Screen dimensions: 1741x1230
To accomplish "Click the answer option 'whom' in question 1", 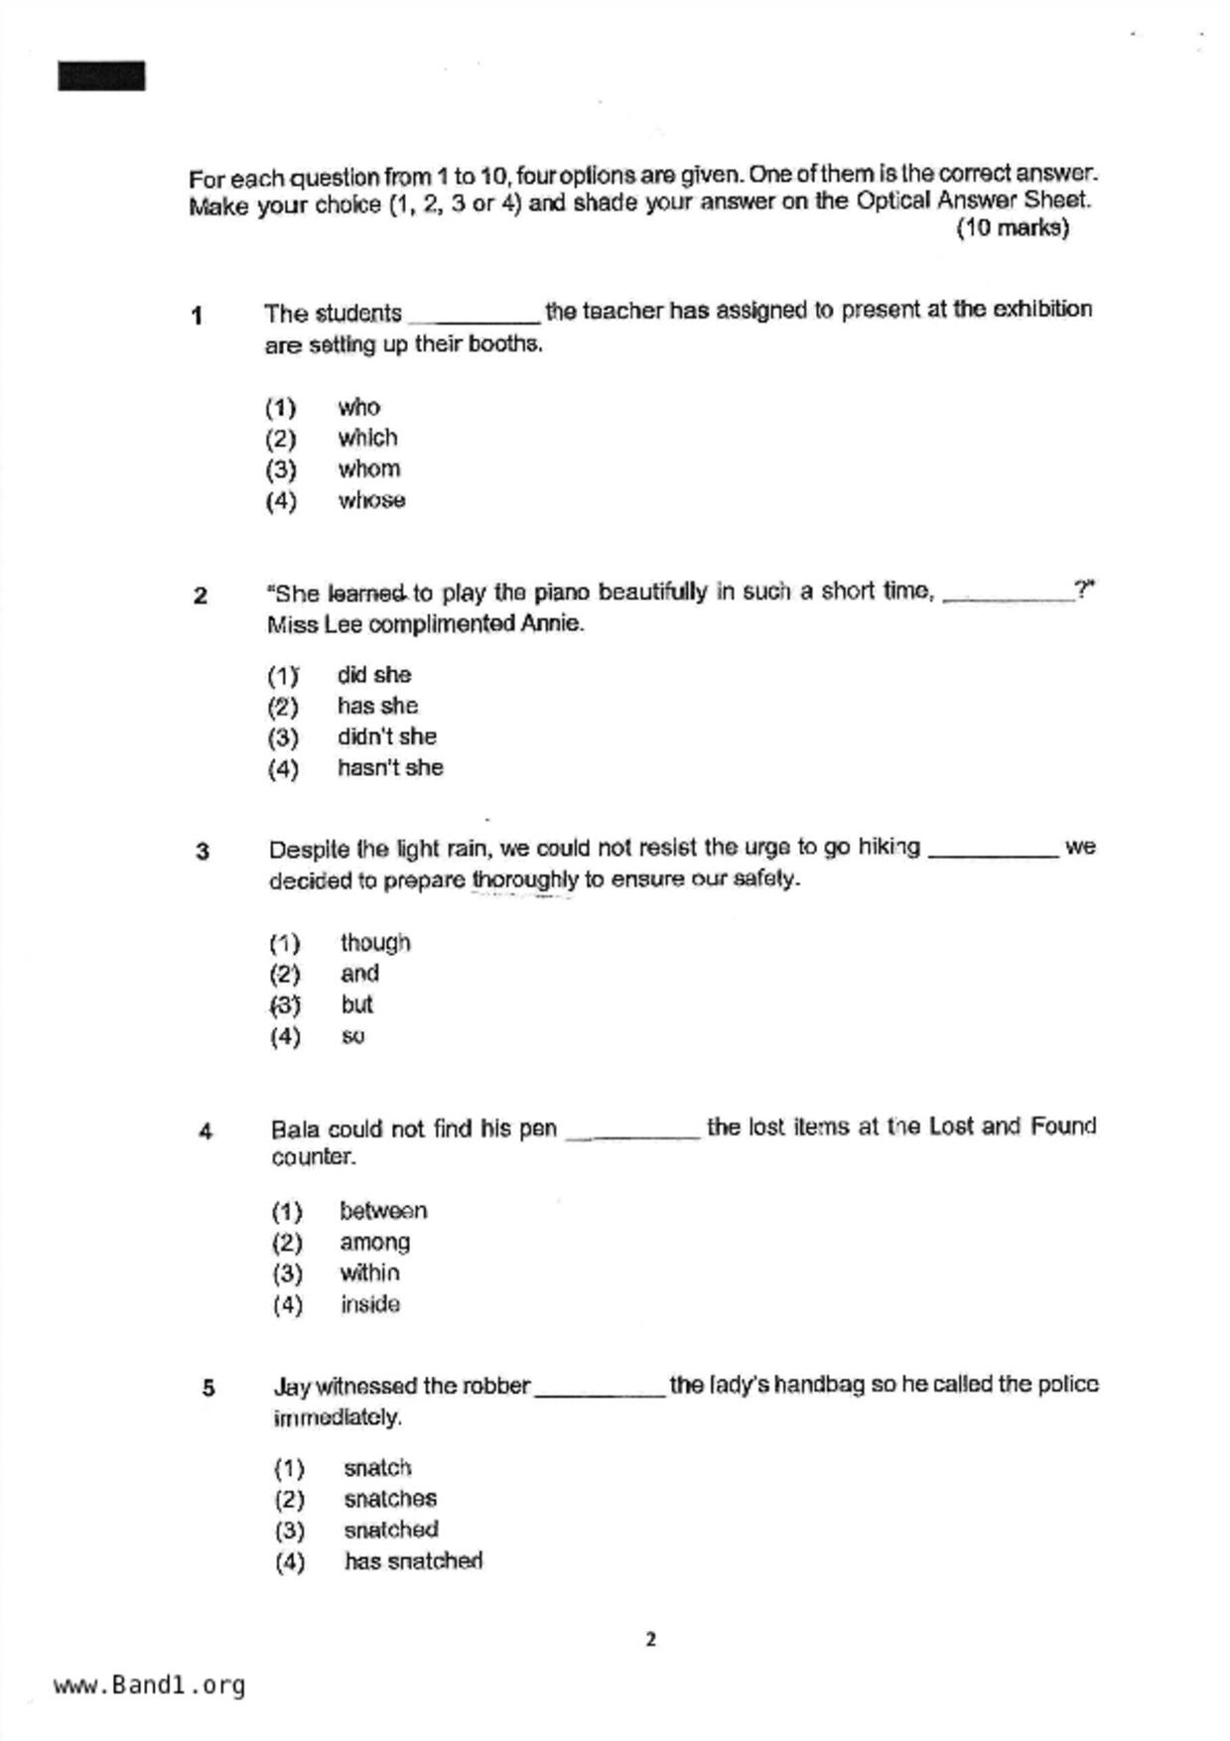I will [368, 469].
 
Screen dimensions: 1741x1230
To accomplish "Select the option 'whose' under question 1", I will [371, 500].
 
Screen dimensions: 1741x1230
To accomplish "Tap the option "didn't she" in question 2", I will [386, 737].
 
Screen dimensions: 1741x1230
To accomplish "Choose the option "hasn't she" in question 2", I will [390, 767].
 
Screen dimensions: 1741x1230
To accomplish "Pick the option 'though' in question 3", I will [375, 942].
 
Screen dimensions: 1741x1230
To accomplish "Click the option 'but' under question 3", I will [356, 1004].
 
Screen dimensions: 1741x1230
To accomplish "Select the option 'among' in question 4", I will [374, 1242].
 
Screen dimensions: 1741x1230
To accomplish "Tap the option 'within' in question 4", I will [369, 1272].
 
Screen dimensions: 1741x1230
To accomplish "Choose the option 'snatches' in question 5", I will [390, 1499].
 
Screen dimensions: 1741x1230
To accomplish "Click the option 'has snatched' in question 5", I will [413, 1561].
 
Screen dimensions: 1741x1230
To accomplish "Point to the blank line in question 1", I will [474, 320].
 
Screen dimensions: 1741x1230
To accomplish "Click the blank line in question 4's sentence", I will [632, 1136].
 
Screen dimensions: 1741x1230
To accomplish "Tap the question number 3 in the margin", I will [203, 852].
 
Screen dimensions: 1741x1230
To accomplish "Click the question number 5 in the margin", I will [208, 1388].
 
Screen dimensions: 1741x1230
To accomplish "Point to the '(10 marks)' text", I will [1012, 228].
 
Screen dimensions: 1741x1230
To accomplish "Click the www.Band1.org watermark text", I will [149, 1685].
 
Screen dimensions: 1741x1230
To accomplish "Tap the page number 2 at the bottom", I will [650, 1639].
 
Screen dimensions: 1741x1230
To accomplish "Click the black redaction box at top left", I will [101, 76].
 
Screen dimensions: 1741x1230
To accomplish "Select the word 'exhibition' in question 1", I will [1042, 309].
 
